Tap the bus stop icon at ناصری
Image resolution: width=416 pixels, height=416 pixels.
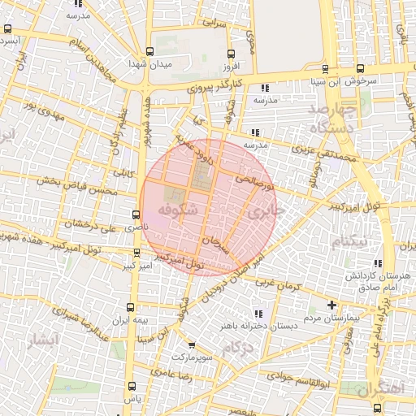coord(135,215)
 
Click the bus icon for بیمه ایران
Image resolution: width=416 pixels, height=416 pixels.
coord(132,308)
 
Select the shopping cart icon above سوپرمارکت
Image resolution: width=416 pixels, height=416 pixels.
coord(192,344)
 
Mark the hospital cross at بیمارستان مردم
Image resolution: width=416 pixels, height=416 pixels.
coord(331,305)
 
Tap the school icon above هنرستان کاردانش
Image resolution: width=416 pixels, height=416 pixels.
coord(377,263)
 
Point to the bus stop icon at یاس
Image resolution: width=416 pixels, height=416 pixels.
coord(131,387)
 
